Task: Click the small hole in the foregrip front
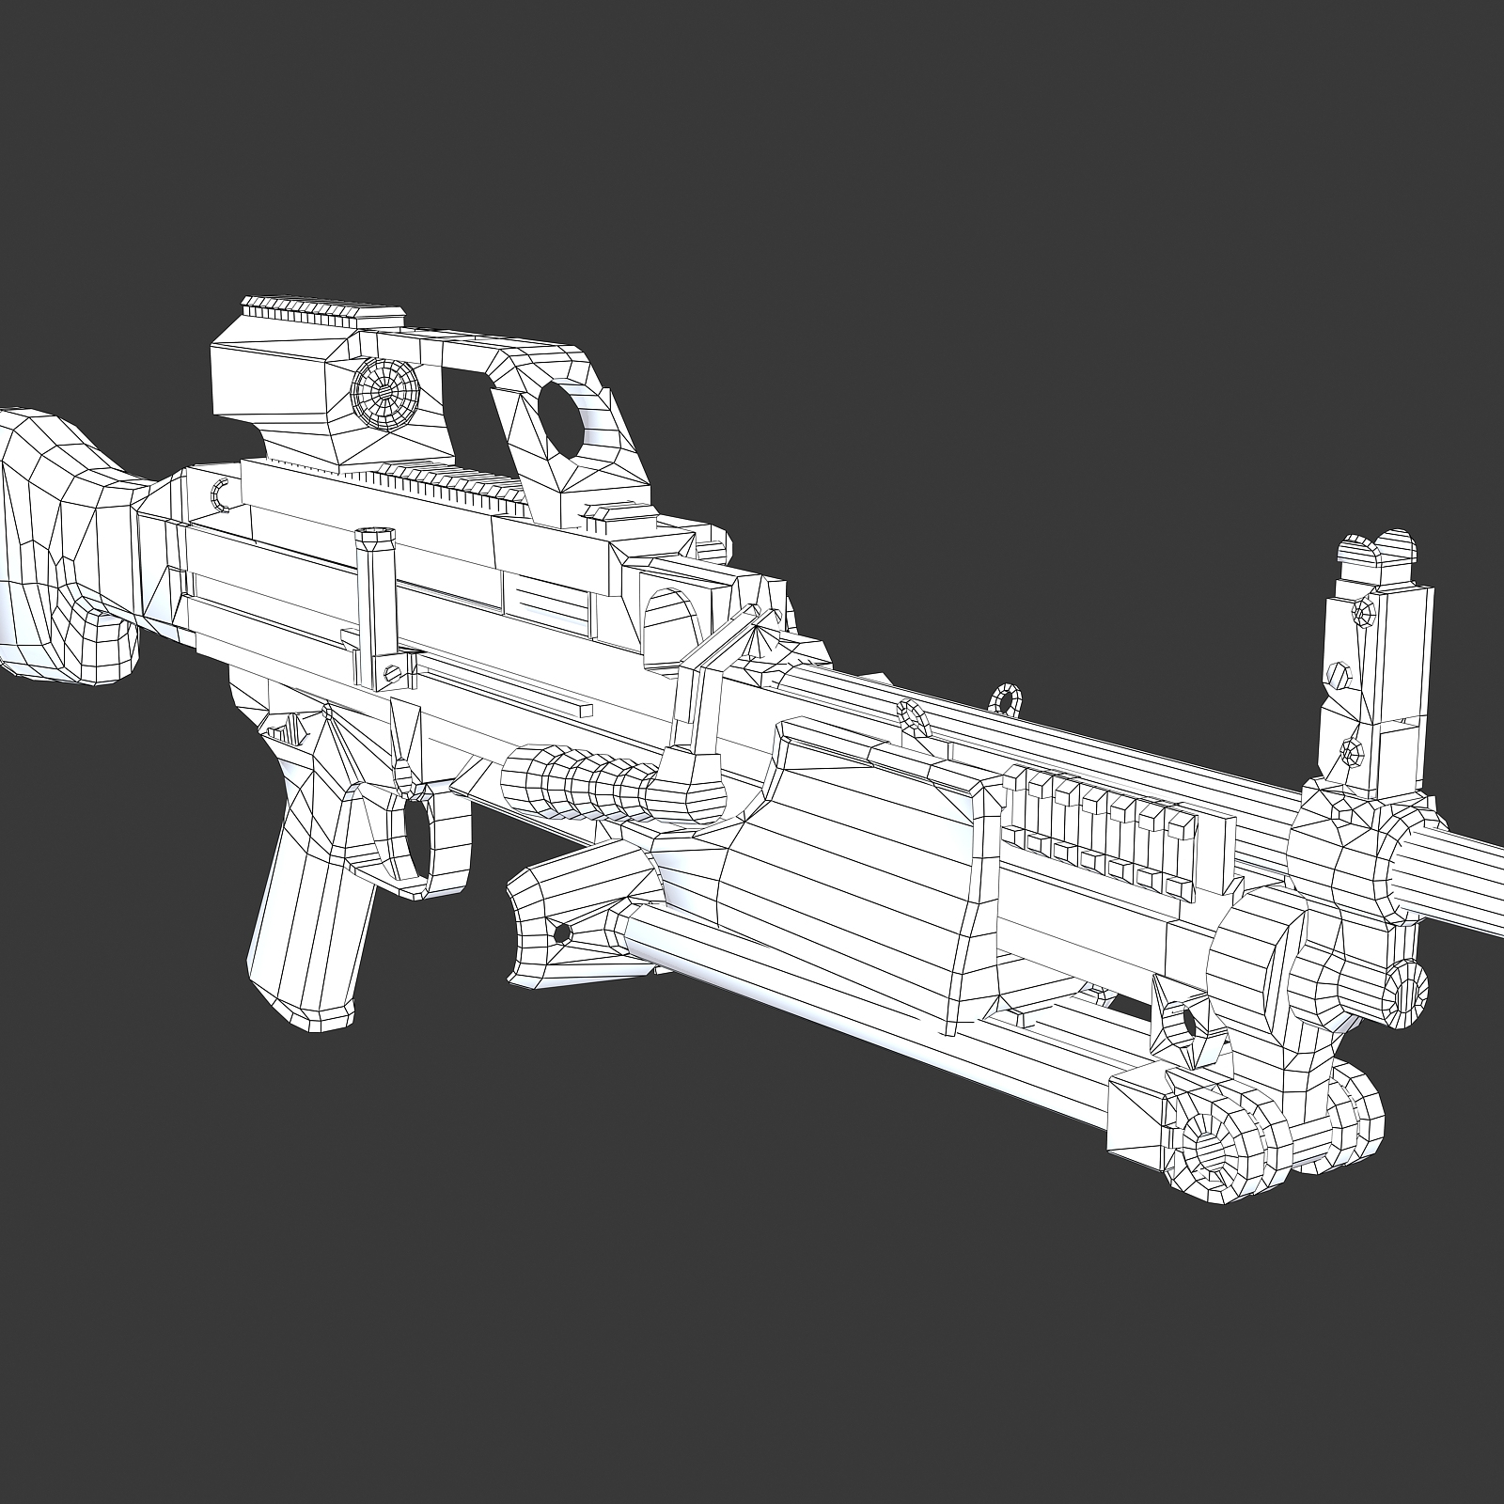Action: tap(562, 932)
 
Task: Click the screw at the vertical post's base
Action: tap(393, 669)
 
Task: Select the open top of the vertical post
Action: tap(376, 535)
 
